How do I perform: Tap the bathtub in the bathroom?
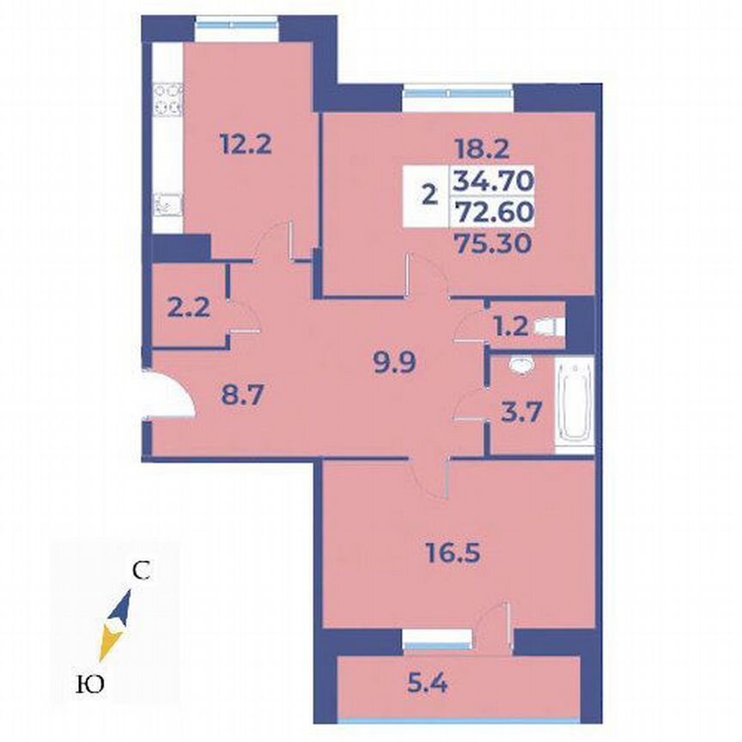(575, 407)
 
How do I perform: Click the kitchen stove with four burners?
(168, 100)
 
